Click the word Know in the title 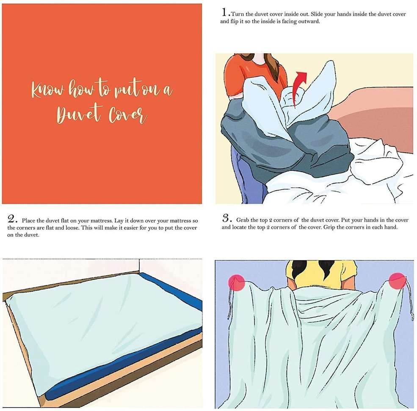pos(47,89)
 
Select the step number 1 pos(224,12)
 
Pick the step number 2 pos(12,219)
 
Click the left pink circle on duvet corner pos(236,283)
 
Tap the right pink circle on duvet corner pos(398,280)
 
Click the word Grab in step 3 pos(243,220)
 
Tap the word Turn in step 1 pos(237,14)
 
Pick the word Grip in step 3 pos(329,227)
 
